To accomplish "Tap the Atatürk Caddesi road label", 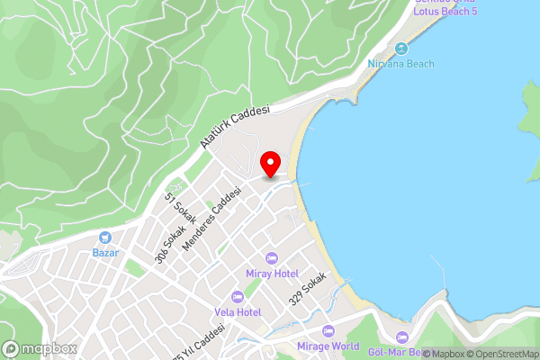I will coord(235,127).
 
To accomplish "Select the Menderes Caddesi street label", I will coord(212,220).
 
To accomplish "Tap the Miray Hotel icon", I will coord(271,258).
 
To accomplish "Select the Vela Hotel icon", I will coord(238,297).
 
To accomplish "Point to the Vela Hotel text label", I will coord(238,312).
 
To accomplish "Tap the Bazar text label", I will coord(106,254).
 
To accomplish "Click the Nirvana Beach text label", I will coord(400,64).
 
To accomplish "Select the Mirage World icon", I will coord(328,331).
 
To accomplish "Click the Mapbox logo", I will coord(40,348).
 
